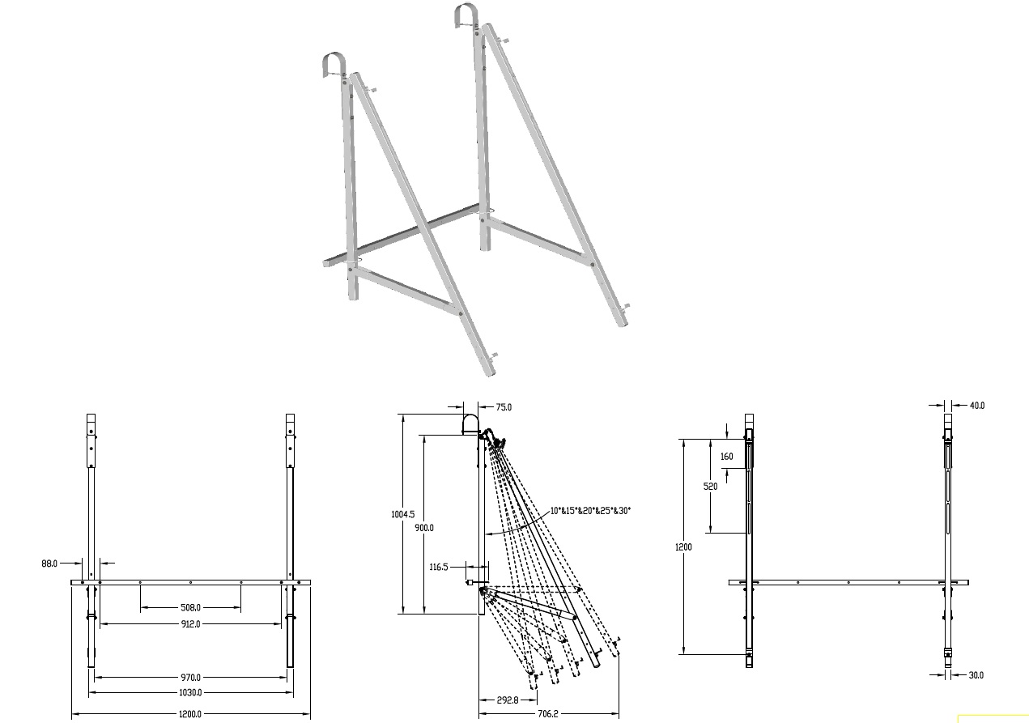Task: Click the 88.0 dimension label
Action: pos(49,563)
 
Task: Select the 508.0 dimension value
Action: pos(189,606)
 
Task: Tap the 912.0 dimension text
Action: pos(189,624)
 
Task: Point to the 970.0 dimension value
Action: pos(189,677)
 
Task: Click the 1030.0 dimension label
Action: pos(189,692)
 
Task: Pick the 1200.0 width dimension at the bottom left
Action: pos(189,714)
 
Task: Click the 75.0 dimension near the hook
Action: pos(504,407)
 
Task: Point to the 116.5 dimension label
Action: pos(439,567)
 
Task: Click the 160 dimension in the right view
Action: pos(727,457)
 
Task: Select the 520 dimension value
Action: pos(710,487)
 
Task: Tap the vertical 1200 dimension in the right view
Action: pos(683,547)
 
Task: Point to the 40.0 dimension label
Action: pos(976,405)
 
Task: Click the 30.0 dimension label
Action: pos(976,675)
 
